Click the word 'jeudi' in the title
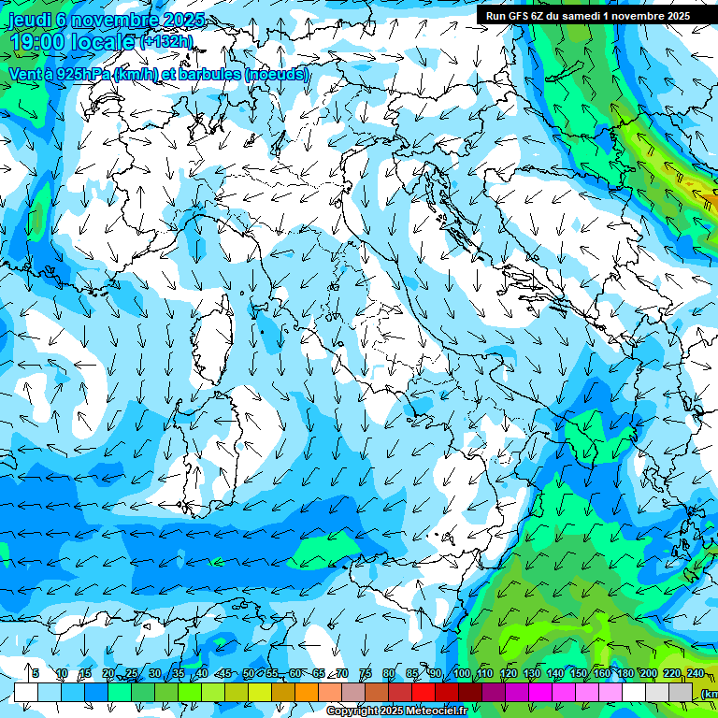click(29, 20)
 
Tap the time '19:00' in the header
click(36, 42)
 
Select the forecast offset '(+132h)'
click(165, 41)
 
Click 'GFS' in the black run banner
click(521, 16)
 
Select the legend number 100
click(462, 673)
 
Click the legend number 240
click(696, 673)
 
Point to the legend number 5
click(36, 673)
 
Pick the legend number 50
click(249, 673)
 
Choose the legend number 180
click(625, 673)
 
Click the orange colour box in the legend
click(307, 692)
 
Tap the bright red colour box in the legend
click(424, 692)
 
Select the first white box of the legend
click(26, 692)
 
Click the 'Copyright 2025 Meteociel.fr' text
click(396, 711)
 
